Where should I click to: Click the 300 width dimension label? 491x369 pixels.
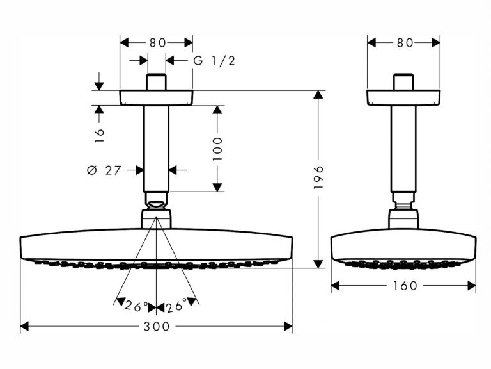coord(156,326)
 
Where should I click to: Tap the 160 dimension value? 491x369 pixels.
coord(405,286)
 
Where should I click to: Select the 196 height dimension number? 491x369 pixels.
coord(318,177)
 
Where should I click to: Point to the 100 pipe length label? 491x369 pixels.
coord(217,149)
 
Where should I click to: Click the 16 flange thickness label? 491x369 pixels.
coord(99,136)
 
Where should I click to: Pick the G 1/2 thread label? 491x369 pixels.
coord(214,61)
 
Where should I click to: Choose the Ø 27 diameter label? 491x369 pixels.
coord(104,170)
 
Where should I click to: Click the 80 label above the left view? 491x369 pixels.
coord(157,43)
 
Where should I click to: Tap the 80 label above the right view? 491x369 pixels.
coord(405,43)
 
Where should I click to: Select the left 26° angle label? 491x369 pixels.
coord(137,306)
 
